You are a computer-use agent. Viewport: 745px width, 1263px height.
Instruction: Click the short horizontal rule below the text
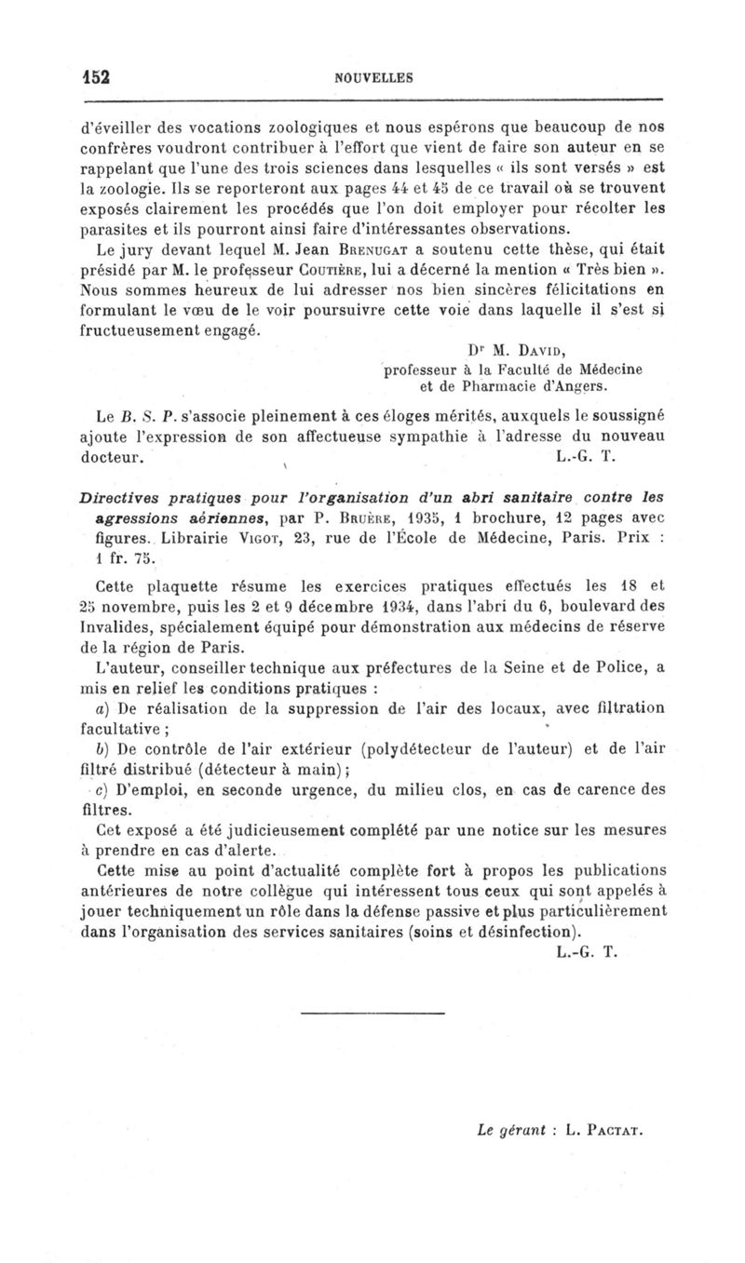(x=373, y=1012)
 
